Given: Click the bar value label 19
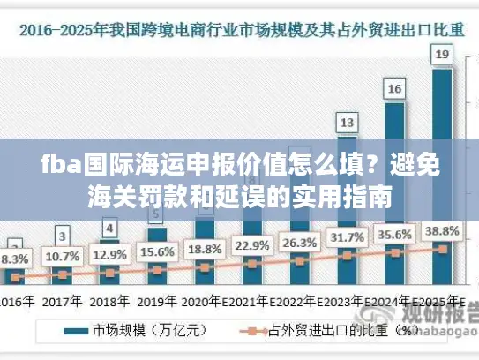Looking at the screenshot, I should tap(442, 56).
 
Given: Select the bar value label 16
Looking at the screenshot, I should tap(395, 88).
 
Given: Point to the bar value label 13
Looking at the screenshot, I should tap(348, 121).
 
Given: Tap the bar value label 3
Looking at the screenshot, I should tap(62, 236).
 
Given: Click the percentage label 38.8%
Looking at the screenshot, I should tap(442, 230).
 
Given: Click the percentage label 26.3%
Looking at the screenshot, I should tap(300, 242).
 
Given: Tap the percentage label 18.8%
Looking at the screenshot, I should tap(205, 248).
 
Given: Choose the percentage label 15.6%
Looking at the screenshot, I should tap(157, 251).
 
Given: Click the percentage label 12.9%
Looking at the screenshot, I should tap(109, 254).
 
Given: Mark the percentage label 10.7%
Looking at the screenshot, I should tap(62, 256).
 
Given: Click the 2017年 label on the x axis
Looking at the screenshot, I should tap(62, 301).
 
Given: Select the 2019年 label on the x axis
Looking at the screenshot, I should tap(157, 301).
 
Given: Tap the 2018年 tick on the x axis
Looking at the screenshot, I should tap(109, 301).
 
